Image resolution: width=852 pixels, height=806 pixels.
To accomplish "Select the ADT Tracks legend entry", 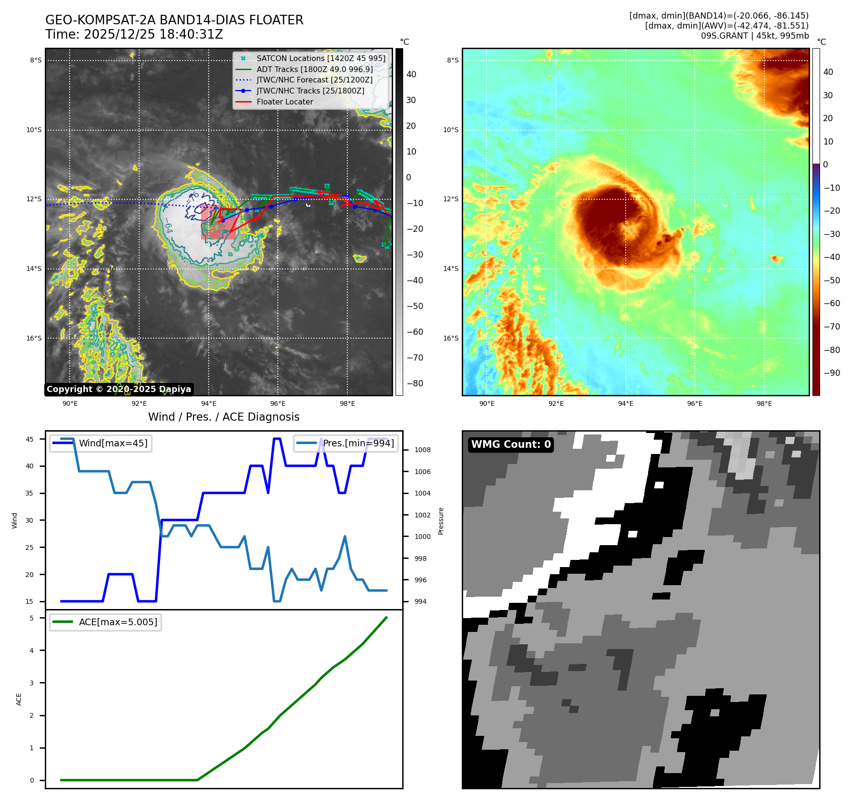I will click(314, 70).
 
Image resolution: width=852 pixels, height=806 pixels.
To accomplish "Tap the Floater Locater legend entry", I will click(284, 102).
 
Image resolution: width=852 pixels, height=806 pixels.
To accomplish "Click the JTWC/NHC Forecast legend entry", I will click(314, 80).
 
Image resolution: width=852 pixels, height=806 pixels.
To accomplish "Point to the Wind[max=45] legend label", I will click(113, 444).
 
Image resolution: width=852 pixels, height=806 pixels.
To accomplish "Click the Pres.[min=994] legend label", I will click(358, 444).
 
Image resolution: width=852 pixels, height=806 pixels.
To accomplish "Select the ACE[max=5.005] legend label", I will click(118, 622).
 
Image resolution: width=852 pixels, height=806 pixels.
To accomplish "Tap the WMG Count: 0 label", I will click(511, 444).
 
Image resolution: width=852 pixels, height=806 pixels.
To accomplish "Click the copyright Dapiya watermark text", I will click(119, 389).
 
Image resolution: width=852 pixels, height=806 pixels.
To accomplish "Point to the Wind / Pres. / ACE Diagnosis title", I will click(224, 417).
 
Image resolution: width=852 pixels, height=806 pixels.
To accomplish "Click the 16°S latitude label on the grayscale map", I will click(34, 339).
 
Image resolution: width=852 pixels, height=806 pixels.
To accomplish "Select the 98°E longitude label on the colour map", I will click(764, 404).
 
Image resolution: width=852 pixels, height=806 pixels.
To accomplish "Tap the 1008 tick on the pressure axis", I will click(422, 450).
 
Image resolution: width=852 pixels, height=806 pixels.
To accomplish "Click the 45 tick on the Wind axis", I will click(30, 439).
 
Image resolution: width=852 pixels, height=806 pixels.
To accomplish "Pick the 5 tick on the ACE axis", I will click(32, 618).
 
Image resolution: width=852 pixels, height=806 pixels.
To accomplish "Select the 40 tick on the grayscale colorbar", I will click(411, 74).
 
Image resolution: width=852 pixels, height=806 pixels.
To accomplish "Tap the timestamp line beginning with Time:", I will click(134, 35).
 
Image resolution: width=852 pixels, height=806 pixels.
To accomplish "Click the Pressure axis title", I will click(441, 521).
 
